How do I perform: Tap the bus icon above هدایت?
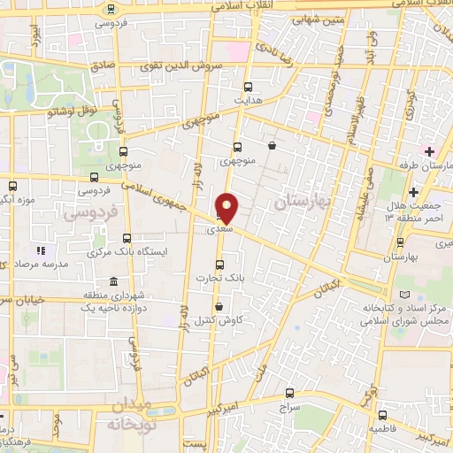(248, 88)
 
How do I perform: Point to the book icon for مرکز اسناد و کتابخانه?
(405, 293)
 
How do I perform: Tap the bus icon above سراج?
(289, 394)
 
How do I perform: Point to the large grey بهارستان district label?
(302, 202)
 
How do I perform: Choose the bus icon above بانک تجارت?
(219, 264)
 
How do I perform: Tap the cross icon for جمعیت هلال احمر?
(414, 192)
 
